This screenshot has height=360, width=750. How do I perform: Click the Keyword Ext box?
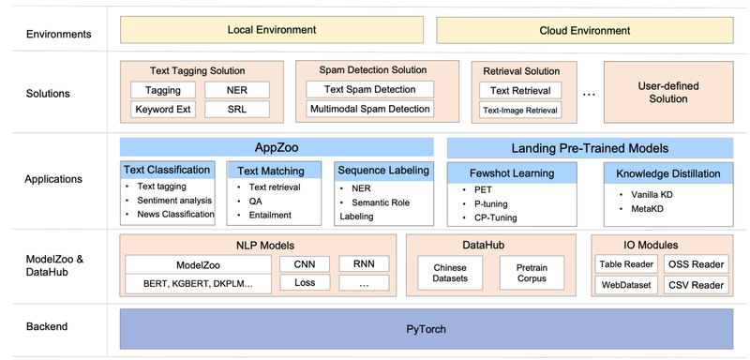pos(163,110)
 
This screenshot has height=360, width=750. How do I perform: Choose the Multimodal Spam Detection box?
pos(369,110)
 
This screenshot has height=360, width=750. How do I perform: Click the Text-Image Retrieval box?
pos(519,110)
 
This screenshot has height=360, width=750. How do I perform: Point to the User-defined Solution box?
pos(667,92)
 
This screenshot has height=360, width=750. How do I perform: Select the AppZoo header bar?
pos(277,147)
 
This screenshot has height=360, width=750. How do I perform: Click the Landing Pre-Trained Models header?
pos(590,147)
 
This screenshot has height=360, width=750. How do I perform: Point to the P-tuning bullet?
pos(494,202)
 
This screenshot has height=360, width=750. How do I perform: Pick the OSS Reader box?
pos(696,264)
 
